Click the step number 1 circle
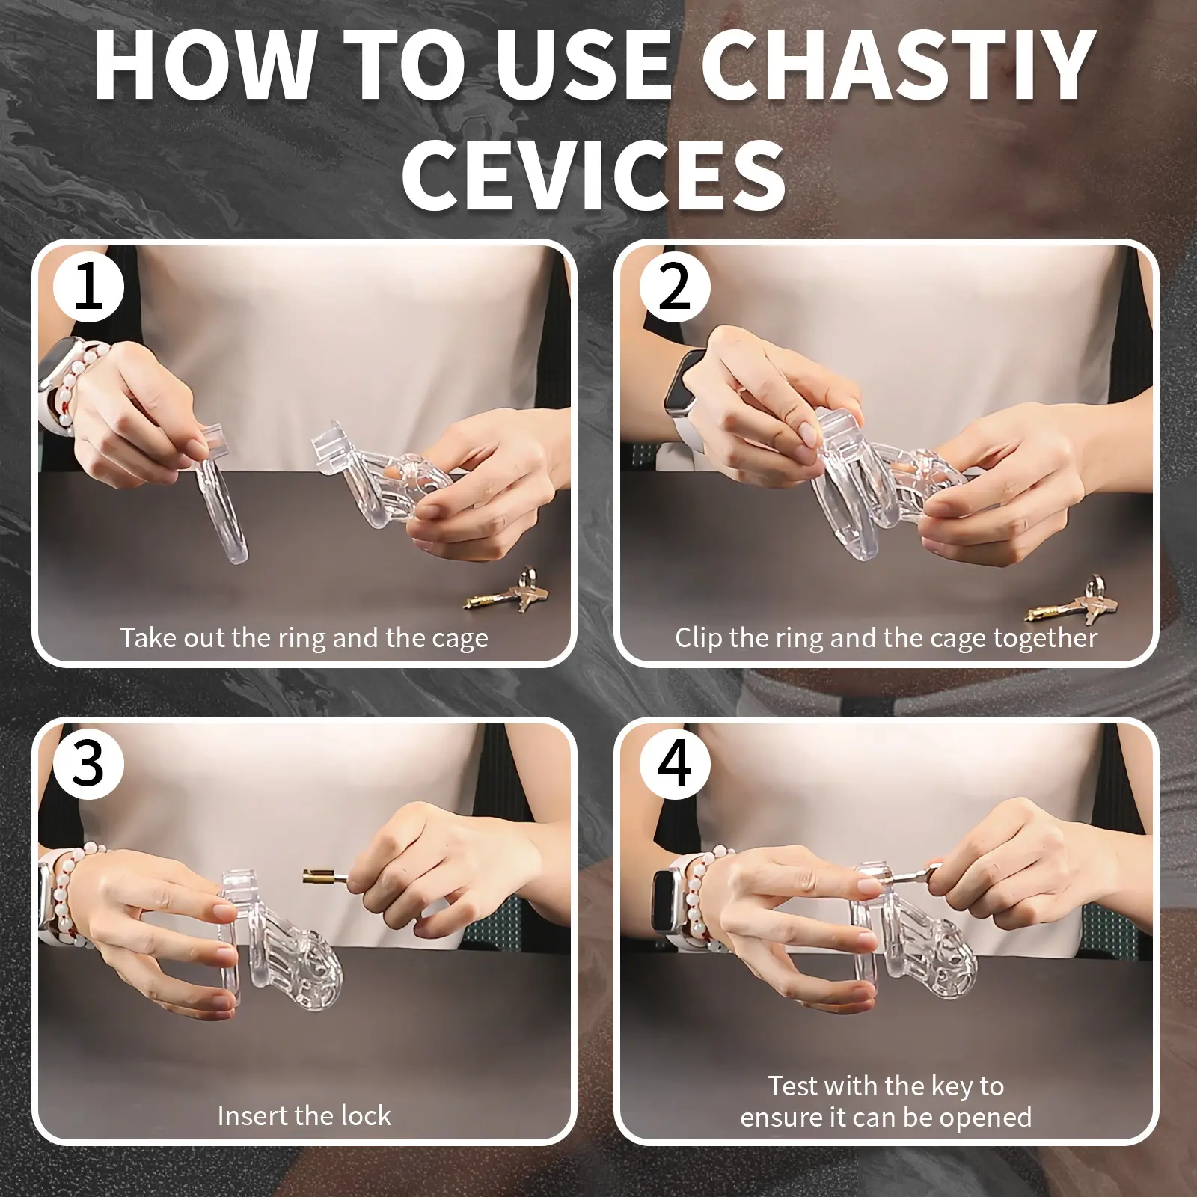[x=88, y=287]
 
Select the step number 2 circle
[x=674, y=287]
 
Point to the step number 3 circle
[x=88, y=765]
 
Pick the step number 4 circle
[x=674, y=765]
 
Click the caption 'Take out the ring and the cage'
[x=304, y=638]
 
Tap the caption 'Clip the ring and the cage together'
[x=886, y=638]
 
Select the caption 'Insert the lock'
[x=304, y=1115]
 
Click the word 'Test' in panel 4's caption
[x=793, y=1086]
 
